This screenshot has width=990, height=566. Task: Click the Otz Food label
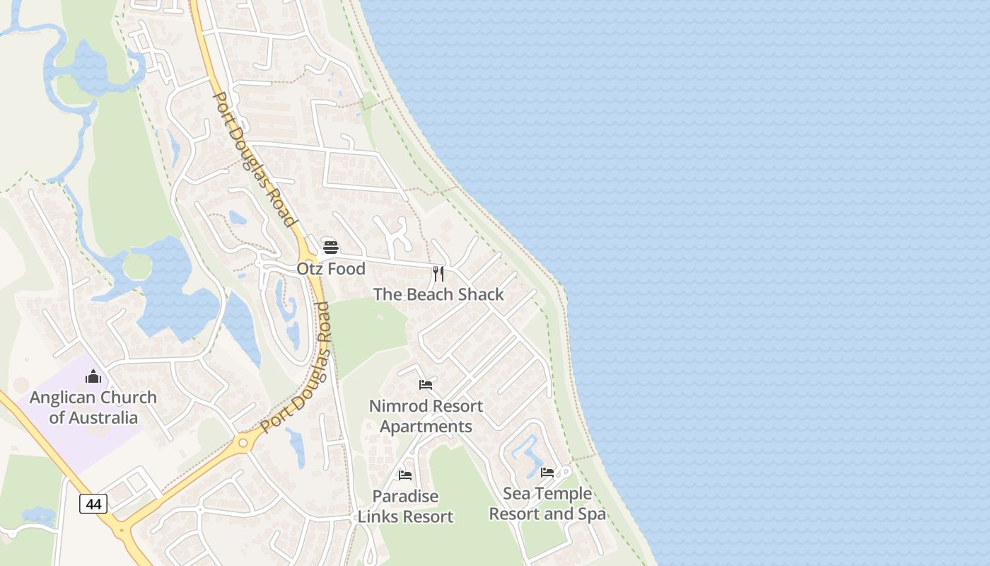pyautogui.click(x=331, y=269)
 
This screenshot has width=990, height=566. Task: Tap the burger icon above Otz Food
pyautogui.click(x=331, y=247)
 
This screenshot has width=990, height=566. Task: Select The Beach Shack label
pyautogui.click(x=438, y=294)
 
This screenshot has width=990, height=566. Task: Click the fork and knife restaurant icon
pyautogui.click(x=438, y=273)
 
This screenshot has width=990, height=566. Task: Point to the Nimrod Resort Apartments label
pyautogui.click(x=426, y=416)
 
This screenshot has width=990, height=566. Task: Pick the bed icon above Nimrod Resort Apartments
pyautogui.click(x=426, y=385)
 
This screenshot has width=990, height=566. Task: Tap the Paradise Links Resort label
pyautogui.click(x=405, y=507)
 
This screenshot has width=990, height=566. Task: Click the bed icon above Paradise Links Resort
pyautogui.click(x=405, y=475)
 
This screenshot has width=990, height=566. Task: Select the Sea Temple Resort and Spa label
pyautogui.click(x=547, y=504)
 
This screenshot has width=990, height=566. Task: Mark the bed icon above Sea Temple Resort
pyautogui.click(x=547, y=472)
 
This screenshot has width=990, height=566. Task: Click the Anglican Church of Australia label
pyautogui.click(x=93, y=408)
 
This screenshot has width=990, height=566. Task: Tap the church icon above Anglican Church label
pyautogui.click(x=93, y=376)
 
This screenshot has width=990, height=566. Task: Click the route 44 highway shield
pyautogui.click(x=93, y=504)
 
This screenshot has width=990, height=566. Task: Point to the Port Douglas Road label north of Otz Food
pyautogui.click(x=254, y=159)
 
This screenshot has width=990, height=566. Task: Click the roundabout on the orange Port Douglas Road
pyautogui.click(x=243, y=443)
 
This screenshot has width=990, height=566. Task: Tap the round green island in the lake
pyautogui.click(x=137, y=266)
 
